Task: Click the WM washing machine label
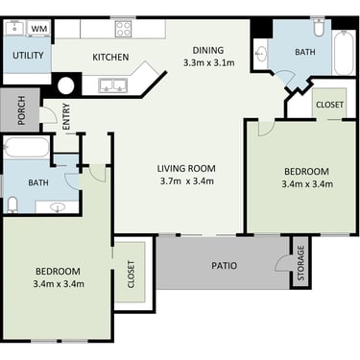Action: (x=39, y=28)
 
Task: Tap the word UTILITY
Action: (x=28, y=56)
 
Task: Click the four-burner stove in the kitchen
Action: (x=123, y=28)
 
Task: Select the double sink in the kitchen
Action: (x=113, y=85)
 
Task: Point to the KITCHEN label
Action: (x=110, y=58)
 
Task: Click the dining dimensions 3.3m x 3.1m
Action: (x=208, y=62)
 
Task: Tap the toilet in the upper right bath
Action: (x=319, y=28)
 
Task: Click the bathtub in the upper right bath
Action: (x=344, y=53)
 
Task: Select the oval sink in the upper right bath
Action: (x=262, y=54)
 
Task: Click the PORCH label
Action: (x=21, y=110)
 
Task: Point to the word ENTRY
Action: (x=66, y=116)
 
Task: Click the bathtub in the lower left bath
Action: (x=26, y=147)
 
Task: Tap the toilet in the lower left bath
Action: (x=12, y=204)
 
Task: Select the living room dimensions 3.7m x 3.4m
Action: (x=187, y=181)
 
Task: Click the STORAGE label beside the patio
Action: (x=300, y=263)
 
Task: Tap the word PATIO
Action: (x=225, y=266)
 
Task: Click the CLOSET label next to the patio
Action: (x=131, y=275)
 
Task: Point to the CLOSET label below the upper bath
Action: (x=329, y=105)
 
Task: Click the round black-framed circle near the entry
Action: (x=66, y=85)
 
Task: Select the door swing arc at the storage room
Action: (x=280, y=261)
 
